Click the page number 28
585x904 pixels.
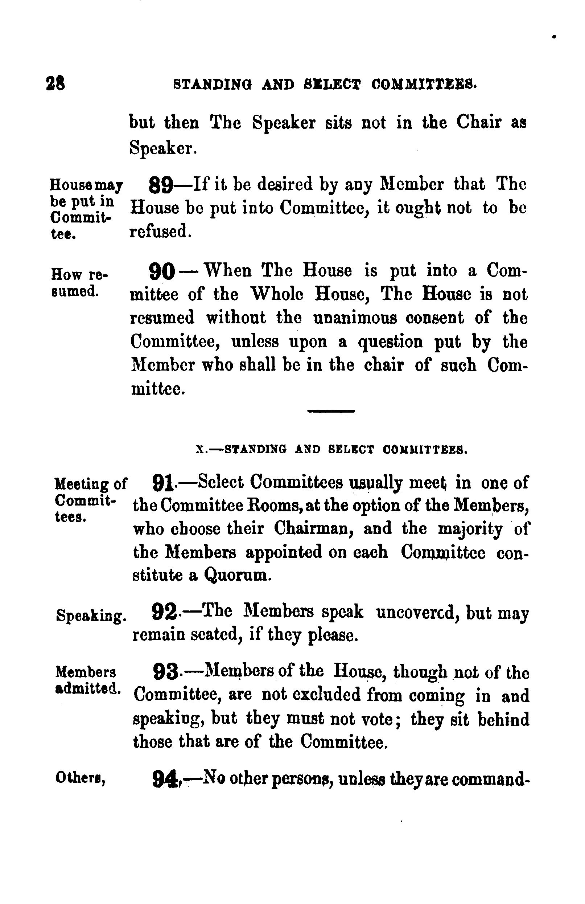tap(55, 83)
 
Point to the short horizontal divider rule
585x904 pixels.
tap(330, 411)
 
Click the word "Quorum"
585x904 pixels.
tap(237, 576)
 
